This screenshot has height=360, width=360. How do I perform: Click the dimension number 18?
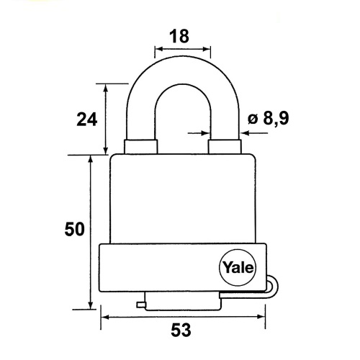tap(179, 37)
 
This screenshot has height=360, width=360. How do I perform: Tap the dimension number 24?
tap(87, 120)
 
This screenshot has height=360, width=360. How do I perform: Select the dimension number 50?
tap(75, 229)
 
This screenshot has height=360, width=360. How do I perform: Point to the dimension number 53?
tap(181, 330)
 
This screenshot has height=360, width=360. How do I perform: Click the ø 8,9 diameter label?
tap(269, 118)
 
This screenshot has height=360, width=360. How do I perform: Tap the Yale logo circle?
tap(238, 268)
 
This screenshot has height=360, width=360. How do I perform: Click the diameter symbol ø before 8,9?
tap(253, 119)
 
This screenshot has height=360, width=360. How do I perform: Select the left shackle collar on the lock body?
tap(140, 146)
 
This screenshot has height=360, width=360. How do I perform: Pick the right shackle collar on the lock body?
tap(225, 146)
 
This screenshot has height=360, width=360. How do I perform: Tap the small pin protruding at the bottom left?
tap(141, 305)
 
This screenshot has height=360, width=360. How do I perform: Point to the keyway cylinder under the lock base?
tap(183, 301)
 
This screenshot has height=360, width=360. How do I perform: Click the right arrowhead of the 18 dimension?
tap(207, 49)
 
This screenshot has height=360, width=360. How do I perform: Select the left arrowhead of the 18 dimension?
tap(159, 49)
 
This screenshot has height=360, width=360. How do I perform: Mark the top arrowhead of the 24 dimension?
tap(105, 88)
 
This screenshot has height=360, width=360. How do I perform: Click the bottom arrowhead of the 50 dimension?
tap(91, 305)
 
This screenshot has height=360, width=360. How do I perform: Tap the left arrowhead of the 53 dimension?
tap(105, 317)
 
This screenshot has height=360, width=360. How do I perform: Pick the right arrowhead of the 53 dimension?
tap(261, 317)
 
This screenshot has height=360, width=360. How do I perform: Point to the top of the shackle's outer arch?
tap(182, 57)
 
